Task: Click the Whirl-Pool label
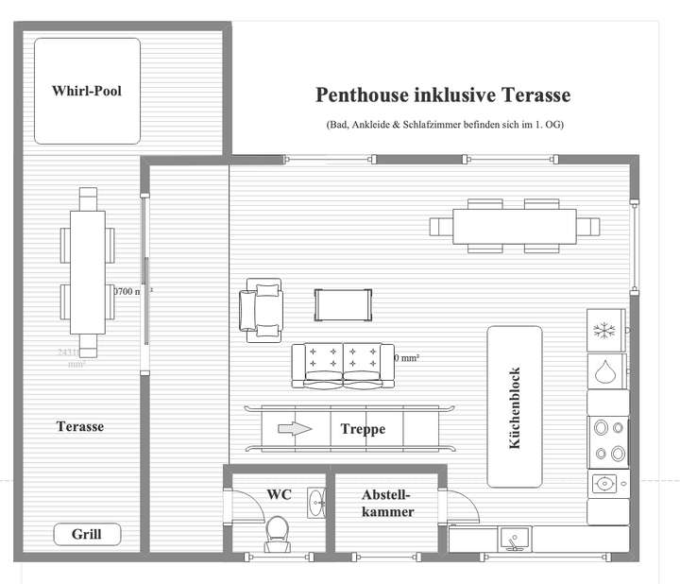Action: tap(87, 92)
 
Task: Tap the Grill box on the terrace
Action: tap(87, 535)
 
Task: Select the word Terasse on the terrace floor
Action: tap(80, 427)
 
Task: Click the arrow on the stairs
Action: tap(294, 429)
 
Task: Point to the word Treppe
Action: tap(363, 429)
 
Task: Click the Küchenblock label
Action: tap(515, 406)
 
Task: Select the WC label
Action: tap(279, 493)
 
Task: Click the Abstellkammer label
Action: tap(387, 503)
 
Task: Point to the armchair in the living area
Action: tap(262, 306)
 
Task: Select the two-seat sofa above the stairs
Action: tap(343, 365)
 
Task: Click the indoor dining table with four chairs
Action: tap(515, 226)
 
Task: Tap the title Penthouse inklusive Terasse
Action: tap(443, 95)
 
